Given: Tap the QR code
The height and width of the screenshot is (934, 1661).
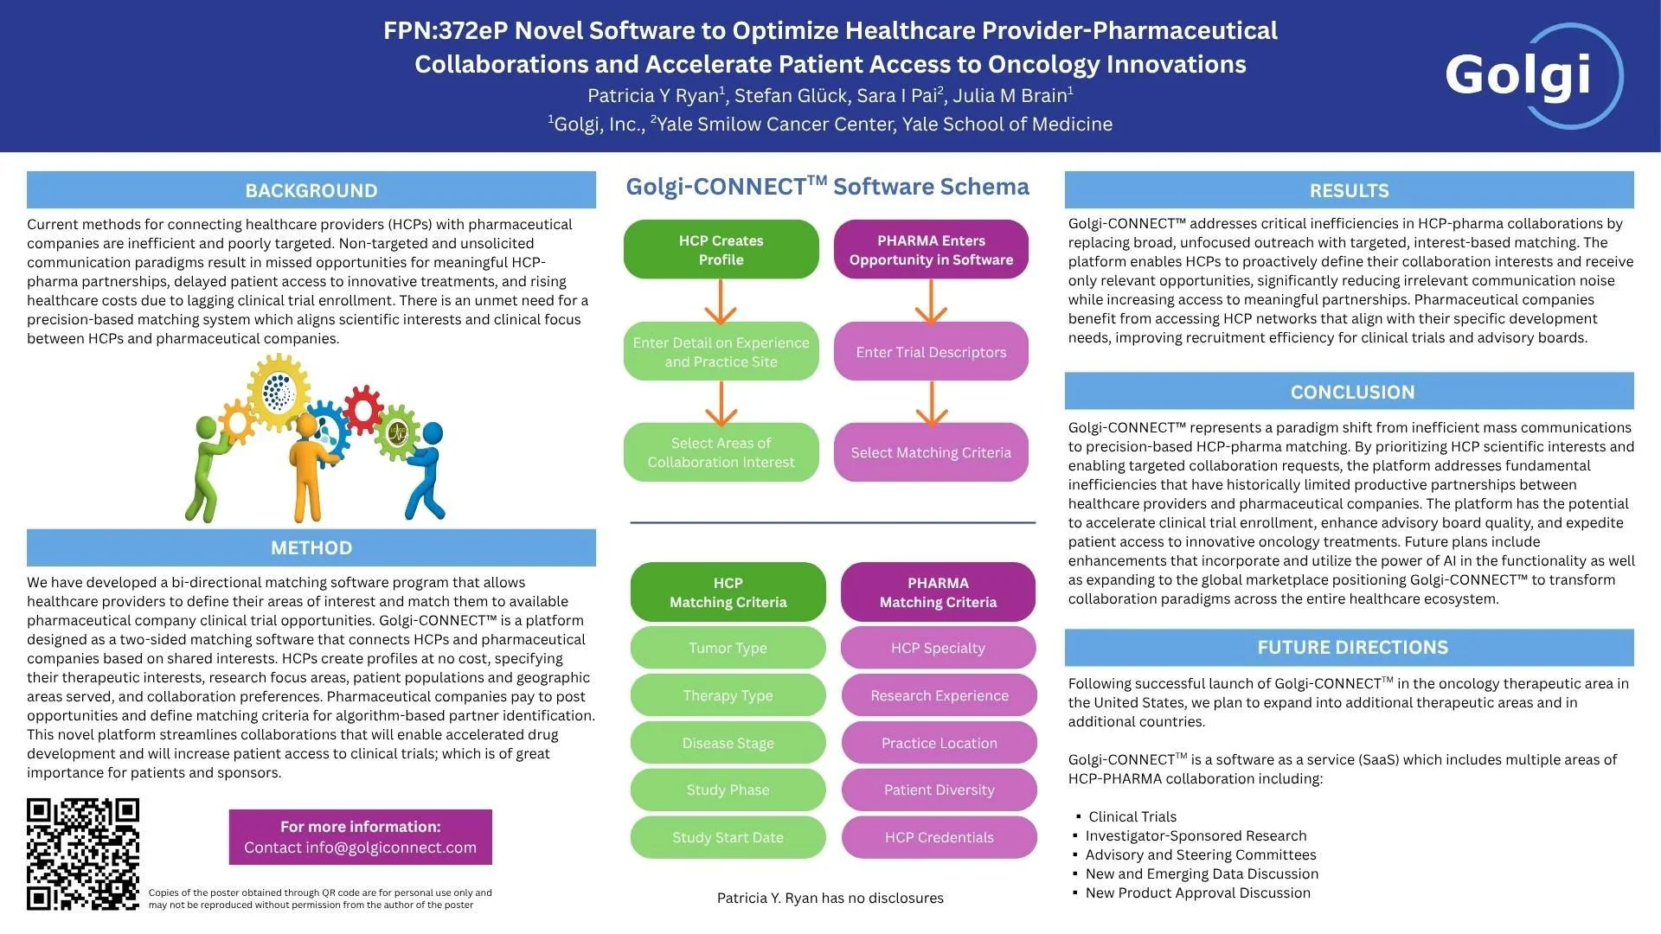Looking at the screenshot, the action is pyautogui.click(x=83, y=854).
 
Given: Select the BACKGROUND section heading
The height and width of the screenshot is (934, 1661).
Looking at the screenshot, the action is pyautogui.click(x=311, y=190).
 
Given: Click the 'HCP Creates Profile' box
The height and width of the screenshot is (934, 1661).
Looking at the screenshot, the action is pyautogui.click(x=721, y=250).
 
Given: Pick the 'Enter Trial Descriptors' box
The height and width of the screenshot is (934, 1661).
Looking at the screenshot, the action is pyautogui.click(x=931, y=352).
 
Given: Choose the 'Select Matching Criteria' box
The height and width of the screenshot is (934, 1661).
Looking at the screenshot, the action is pyautogui.click(x=931, y=452).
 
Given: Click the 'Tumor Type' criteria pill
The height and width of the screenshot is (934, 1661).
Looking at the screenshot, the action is pyautogui.click(x=728, y=648).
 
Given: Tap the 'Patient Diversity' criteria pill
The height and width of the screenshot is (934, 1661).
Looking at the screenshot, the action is pyautogui.click(x=939, y=790).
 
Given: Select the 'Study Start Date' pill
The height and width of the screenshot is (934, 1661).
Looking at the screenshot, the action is pyautogui.click(x=728, y=837).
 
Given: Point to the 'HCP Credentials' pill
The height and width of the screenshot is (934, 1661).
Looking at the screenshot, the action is pyautogui.click(x=939, y=837).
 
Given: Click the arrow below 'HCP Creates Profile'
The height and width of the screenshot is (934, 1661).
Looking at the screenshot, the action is pyautogui.click(x=721, y=301).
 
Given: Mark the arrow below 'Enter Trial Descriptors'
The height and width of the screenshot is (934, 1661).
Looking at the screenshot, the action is pyautogui.click(x=931, y=403).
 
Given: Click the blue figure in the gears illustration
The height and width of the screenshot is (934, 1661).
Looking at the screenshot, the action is pyautogui.click(x=426, y=471).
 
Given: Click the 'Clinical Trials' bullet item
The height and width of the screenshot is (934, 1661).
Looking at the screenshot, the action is pyautogui.click(x=1132, y=816).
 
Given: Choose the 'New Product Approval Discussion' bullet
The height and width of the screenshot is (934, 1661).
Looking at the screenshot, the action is pyautogui.click(x=1197, y=892).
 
